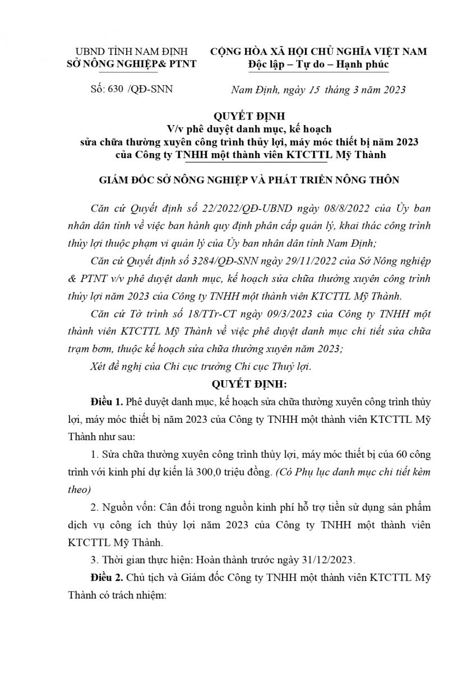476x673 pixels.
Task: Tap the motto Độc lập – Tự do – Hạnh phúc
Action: pos(318,64)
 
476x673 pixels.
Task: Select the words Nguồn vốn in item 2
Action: pos(125,508)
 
